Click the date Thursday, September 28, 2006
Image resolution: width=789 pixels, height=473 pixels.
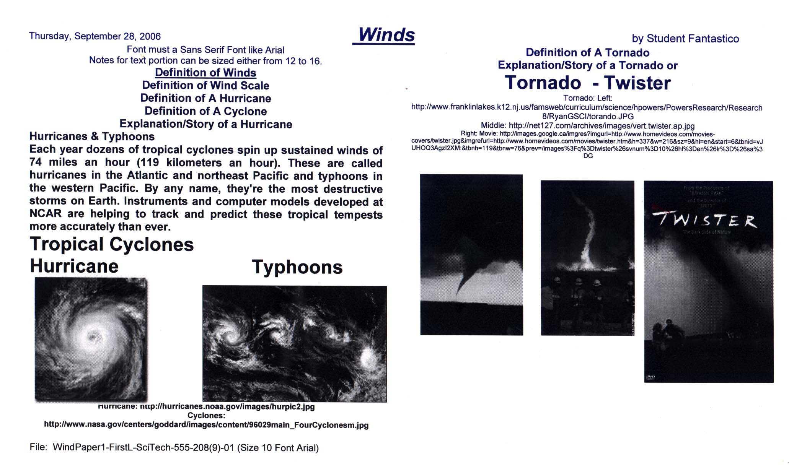click(95, 36)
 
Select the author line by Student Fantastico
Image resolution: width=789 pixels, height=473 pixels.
click(685, 39)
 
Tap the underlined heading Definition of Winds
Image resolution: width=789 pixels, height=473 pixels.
click(205, 73)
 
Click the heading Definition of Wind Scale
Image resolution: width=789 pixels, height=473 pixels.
click(205, 85)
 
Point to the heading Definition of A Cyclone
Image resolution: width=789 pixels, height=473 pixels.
click(205, 111)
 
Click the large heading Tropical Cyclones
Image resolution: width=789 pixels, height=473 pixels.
click(112, 244)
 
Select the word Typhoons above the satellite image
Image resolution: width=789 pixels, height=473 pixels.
click(297, 267)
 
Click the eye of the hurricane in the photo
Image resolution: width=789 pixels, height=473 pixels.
click(92, 337)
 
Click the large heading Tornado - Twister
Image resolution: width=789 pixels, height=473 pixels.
click(588, 83)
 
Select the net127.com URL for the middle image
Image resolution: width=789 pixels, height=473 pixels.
click(602, 126)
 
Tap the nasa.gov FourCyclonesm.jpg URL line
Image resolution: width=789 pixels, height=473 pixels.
click(206, 425)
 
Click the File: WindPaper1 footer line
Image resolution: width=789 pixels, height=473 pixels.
click(174, 448)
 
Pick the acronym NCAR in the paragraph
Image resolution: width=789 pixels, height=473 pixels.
click(46, 213)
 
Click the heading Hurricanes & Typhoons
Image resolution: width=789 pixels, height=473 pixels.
click(92, 137)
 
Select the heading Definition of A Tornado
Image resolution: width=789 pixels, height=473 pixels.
click(587, 52)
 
